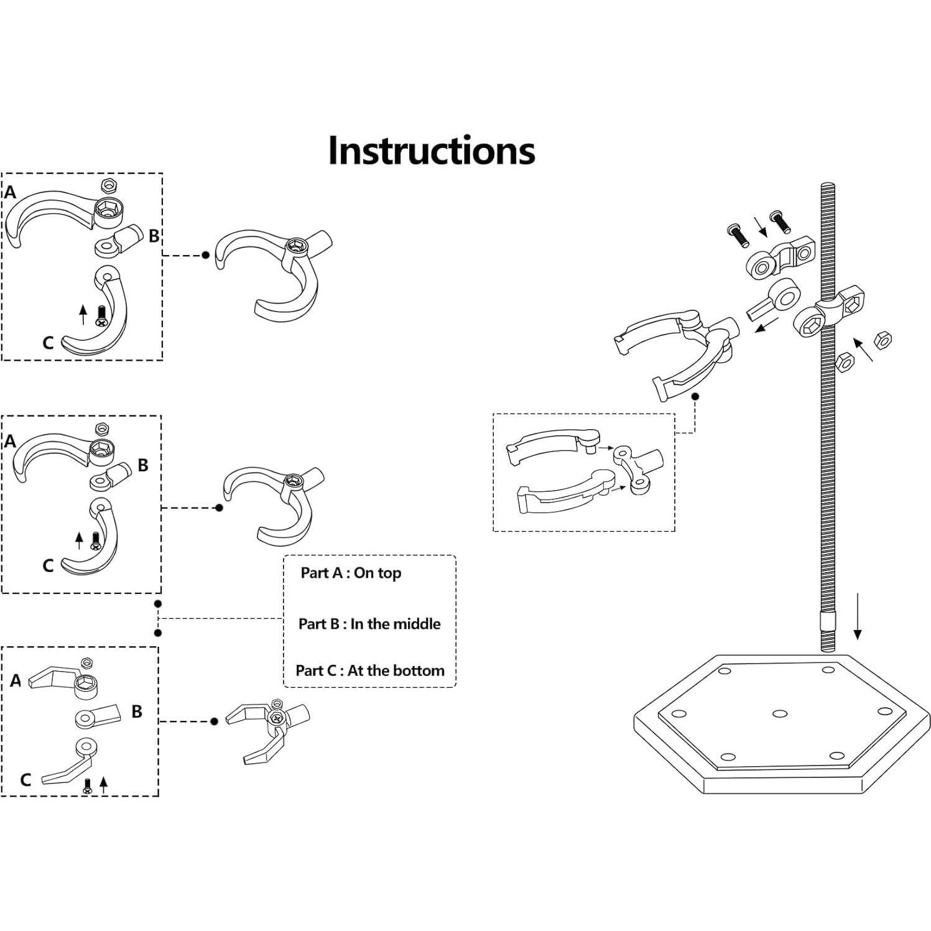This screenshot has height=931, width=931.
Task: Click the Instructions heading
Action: coord(431,151)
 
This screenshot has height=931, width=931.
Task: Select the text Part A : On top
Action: coord(351,573)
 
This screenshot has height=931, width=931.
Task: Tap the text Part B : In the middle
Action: coord(369,624)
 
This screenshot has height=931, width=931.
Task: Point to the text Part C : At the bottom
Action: coord(370,670)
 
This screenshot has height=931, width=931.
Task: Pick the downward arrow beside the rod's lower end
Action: coord(858,616)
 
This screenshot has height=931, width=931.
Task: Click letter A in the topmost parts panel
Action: coord(10,192)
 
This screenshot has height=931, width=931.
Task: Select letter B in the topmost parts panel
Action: coord(154,236)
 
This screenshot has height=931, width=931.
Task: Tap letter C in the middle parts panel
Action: coord(48,565)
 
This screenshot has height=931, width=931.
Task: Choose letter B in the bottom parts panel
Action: coord(137,711)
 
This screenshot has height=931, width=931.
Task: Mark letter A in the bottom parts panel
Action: coord(16,681)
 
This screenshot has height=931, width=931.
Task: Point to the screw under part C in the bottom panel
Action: coord(87,785)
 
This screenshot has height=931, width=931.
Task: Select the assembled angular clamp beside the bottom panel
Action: coord(267,731)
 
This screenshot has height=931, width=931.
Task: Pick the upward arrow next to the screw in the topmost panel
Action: coord(83,315)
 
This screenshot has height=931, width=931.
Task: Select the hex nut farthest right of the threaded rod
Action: coord(882,340)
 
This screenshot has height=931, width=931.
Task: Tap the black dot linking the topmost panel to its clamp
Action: coord(205,255)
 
